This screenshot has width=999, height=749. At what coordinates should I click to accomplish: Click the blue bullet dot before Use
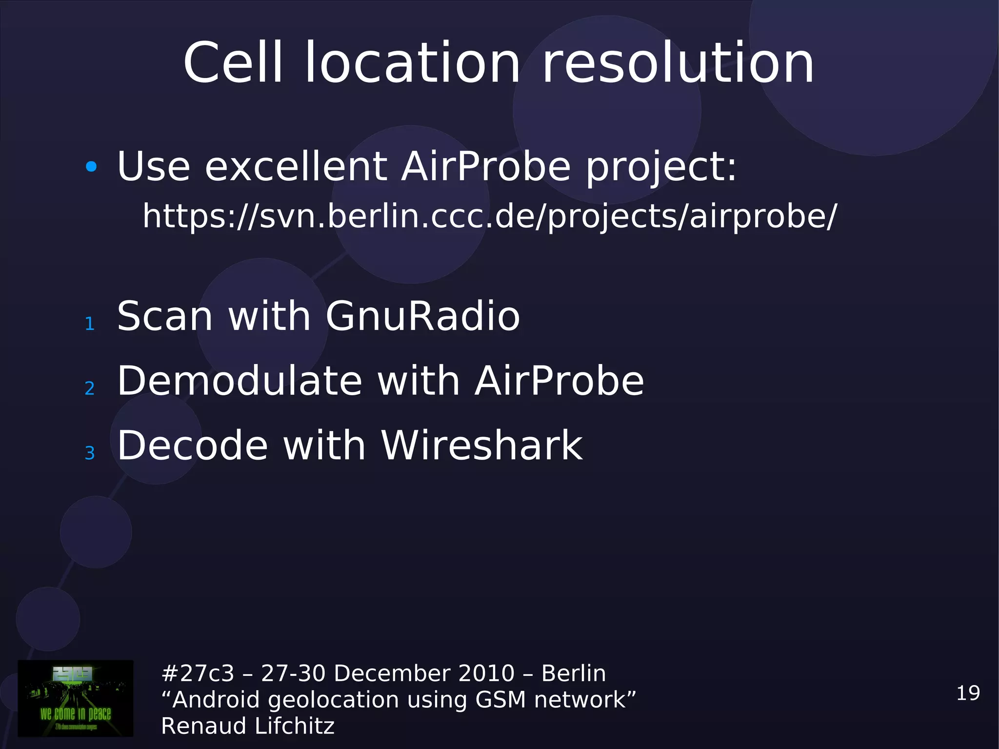click(x=91, y=167)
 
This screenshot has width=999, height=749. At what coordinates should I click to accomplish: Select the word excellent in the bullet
click(x=296, y=166)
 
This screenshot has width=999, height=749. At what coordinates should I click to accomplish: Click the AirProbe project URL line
click(x=489, y=216)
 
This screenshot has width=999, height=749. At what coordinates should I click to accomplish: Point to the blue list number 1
click(x=90, y=324)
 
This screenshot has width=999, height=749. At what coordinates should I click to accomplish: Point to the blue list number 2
click(x=90, y=388)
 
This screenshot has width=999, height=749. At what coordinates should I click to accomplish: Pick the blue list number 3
click(x=90, y=453)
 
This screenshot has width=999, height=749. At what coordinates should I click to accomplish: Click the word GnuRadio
click(x=422, y=317)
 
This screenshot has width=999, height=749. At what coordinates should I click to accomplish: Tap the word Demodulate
click(x=240, y=381)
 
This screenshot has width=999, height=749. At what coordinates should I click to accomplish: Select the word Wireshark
click(x=481, y=445)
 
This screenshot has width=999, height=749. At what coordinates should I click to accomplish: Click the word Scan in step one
click(x=165, y=317)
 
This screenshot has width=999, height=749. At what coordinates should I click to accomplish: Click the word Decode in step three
click(x=193, y=445)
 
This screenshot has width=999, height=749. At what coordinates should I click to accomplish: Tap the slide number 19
click(x=968, y=693)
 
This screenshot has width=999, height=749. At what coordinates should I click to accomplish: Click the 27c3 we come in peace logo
click(x=76, y=698)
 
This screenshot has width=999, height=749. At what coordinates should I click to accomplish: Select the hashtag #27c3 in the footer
click(x=198, y=673)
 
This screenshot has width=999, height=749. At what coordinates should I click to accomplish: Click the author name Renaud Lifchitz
click(x=248, y=726)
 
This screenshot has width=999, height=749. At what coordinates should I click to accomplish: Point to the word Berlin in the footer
click(x=573, y=673)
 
